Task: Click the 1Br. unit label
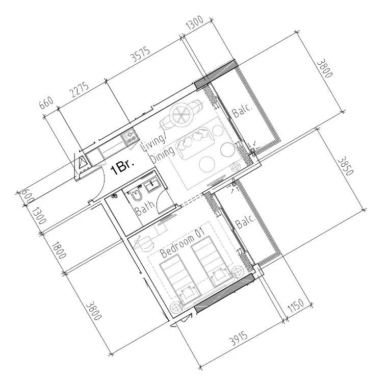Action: coord(122,167)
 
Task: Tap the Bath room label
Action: coord(144,207)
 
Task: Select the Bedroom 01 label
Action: coord(182,243)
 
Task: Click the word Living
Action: coord(153,145)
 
